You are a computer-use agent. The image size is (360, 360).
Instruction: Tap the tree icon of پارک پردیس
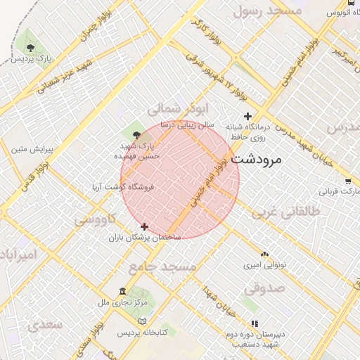pos(30,46)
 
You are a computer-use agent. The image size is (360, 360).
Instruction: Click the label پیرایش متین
pos(27,149)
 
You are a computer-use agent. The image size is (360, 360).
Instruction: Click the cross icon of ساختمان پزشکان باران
pos(145,226)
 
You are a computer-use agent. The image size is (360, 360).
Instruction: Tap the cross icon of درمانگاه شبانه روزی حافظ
pos(247,116)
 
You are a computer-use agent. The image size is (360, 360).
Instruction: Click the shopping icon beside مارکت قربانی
pos(350,181)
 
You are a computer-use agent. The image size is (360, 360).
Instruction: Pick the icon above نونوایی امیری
pos(264,254)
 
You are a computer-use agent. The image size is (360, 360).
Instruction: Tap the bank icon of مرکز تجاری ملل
pos(123,291)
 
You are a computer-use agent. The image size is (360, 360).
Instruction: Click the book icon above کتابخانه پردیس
pos(142,321)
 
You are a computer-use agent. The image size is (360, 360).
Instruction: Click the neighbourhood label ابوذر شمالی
pos(179,109)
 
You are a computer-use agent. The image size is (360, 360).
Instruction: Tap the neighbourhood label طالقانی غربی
pos(285,210)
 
